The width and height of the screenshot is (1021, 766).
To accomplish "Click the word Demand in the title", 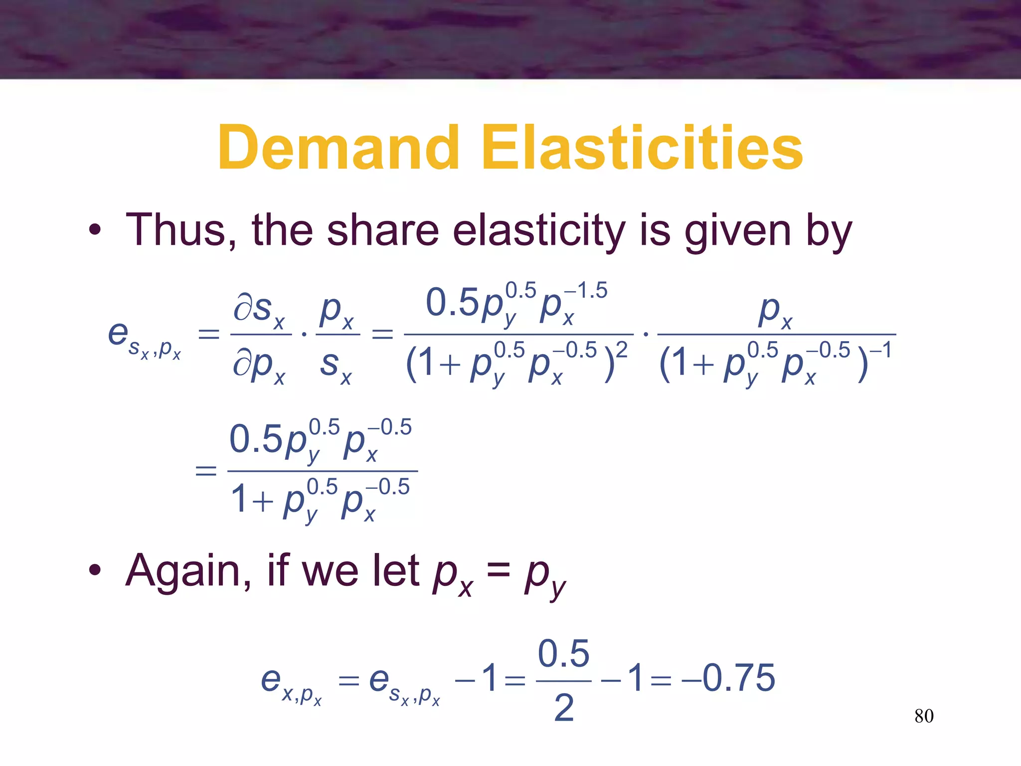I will [338, 148].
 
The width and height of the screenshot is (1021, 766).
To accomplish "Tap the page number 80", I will [924, 716].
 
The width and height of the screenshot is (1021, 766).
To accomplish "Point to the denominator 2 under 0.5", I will [564, 708].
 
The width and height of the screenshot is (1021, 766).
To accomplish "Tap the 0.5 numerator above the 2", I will [564, 653].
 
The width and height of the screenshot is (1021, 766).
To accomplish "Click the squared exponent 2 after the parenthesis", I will [621, 350].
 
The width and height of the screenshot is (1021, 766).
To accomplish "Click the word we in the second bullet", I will [330, 571].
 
